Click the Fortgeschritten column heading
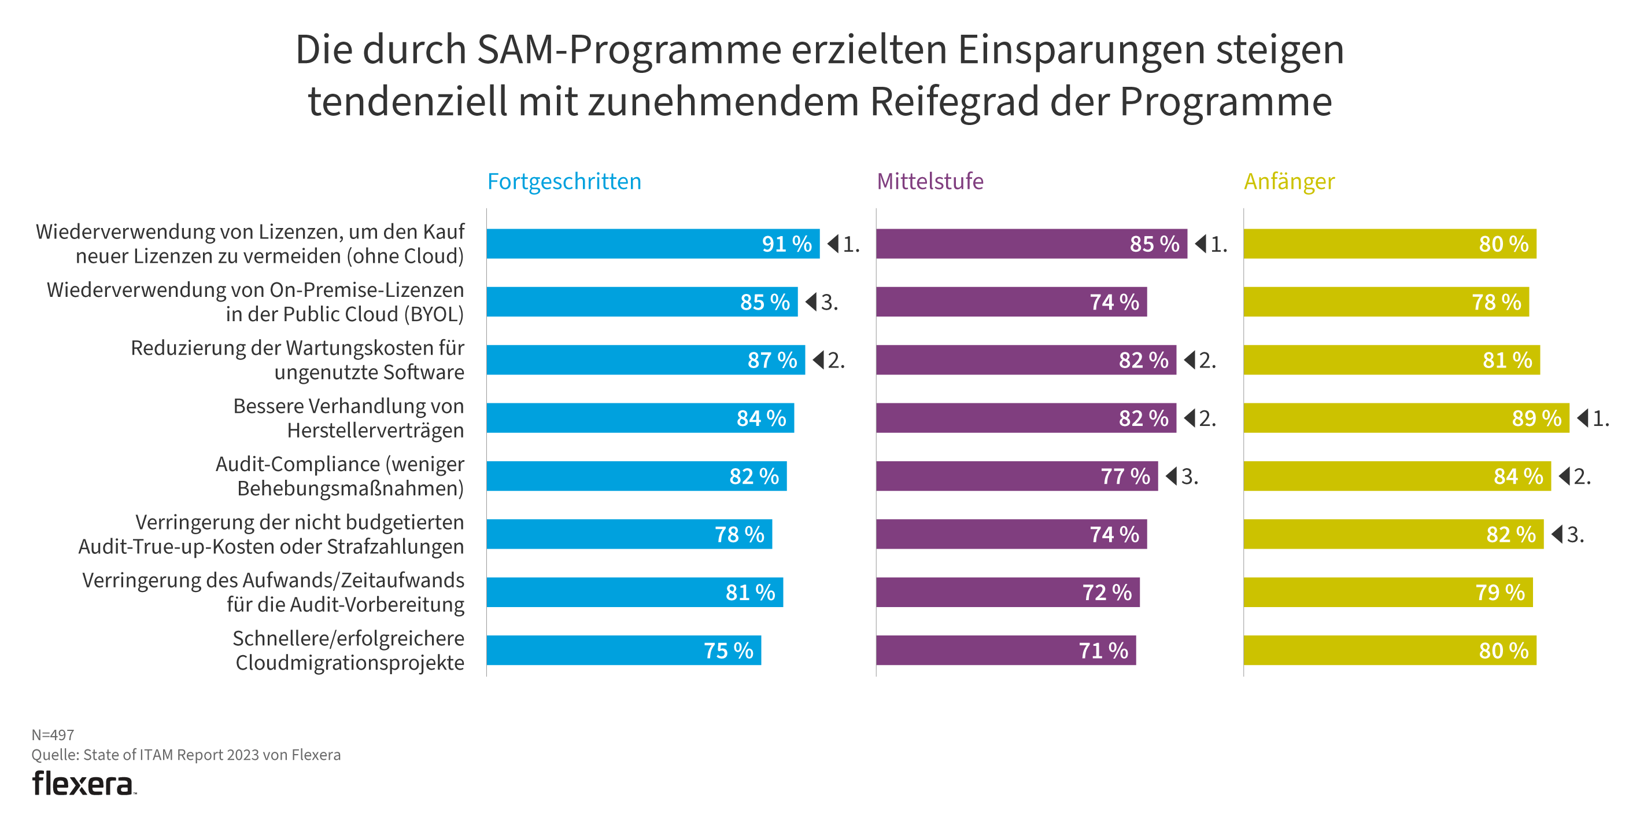coord(564,182)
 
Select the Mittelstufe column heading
coord(929,182)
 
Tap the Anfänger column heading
coord(1288,182)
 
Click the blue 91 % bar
coord(652,244)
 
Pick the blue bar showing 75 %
coord(623,650)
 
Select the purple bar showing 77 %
coord(1016,476)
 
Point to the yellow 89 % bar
coord(1406,418)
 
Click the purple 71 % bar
coord(1005,650)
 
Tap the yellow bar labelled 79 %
coord(1387,593)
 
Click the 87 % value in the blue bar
coord(771,361)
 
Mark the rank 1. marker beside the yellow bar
coord(1593,418)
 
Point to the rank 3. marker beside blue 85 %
coord(822,302)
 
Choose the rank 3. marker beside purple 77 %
coord(1182,476)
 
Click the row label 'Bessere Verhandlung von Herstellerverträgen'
coord(348,418)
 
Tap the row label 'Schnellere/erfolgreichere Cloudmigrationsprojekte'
coord(348,650)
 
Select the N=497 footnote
coord(53,734)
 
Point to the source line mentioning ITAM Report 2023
coord(186,755)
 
